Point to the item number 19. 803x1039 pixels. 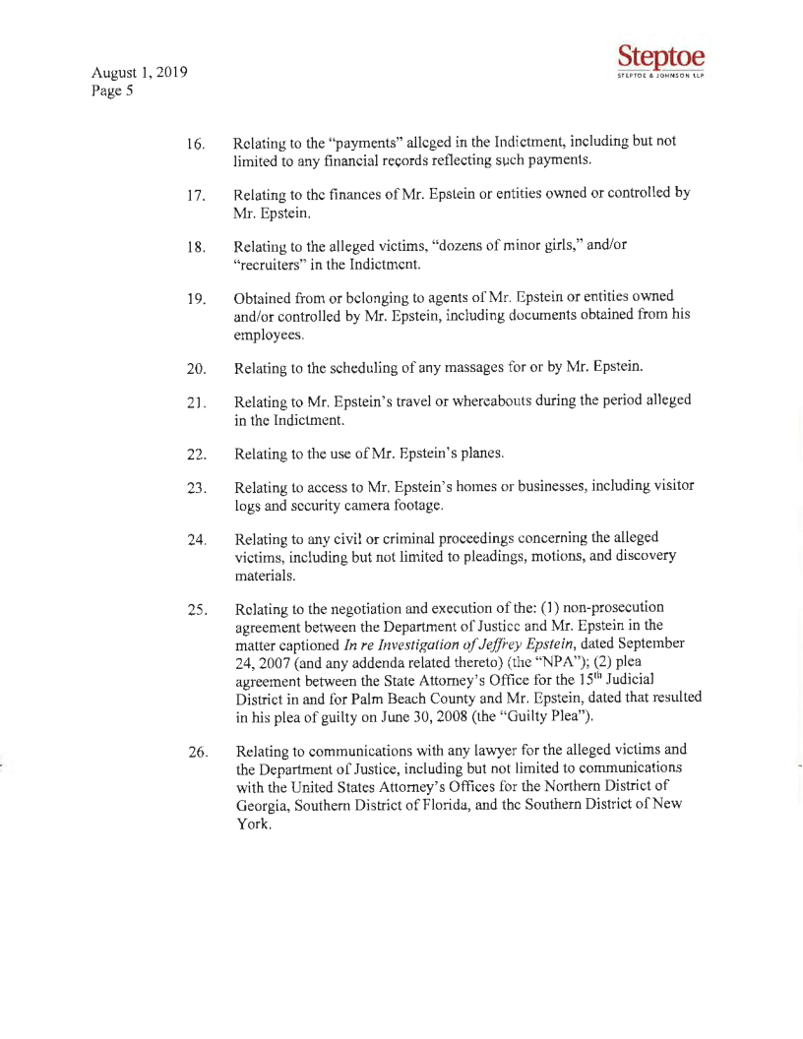click(x=194, y=300)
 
